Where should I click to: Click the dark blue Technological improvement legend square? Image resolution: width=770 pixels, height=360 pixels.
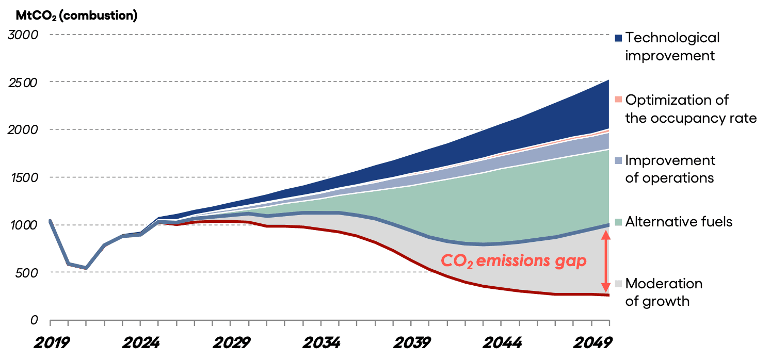point(619,38)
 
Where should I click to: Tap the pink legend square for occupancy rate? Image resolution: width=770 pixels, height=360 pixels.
point(619,100)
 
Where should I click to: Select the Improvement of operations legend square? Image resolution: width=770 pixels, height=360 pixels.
point(619,160)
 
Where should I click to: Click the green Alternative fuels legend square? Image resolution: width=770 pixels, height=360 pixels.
point(619,222)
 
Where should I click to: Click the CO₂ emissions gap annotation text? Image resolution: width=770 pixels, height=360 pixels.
point(514,261)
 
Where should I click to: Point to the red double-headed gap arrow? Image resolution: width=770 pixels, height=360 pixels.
point(606,261)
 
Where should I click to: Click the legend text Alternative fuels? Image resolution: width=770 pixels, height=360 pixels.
point(679,222)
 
